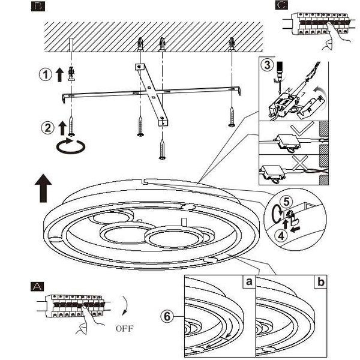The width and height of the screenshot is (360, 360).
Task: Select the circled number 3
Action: pos(268,66)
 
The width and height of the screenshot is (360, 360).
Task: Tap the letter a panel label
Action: pos(247,281)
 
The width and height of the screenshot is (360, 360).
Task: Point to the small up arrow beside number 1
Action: pos(59,75)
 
